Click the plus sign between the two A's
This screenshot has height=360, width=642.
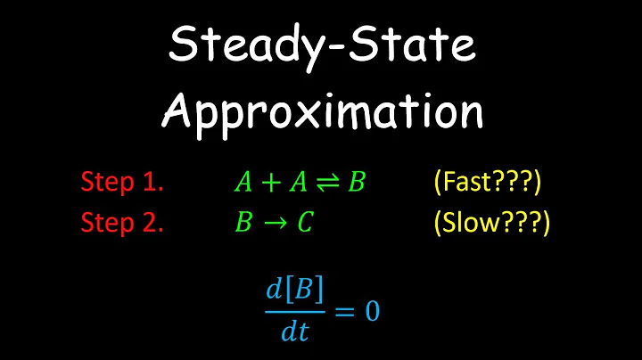[271, 183]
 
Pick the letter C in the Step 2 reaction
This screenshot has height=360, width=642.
[305, 222]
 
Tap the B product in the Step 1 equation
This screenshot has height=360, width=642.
[357, 183]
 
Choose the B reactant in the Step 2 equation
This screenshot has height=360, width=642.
[243, 222]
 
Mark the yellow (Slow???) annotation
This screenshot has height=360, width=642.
[490, 221]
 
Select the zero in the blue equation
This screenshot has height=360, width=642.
[371, 312]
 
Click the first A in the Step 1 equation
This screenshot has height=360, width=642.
[243, 183]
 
